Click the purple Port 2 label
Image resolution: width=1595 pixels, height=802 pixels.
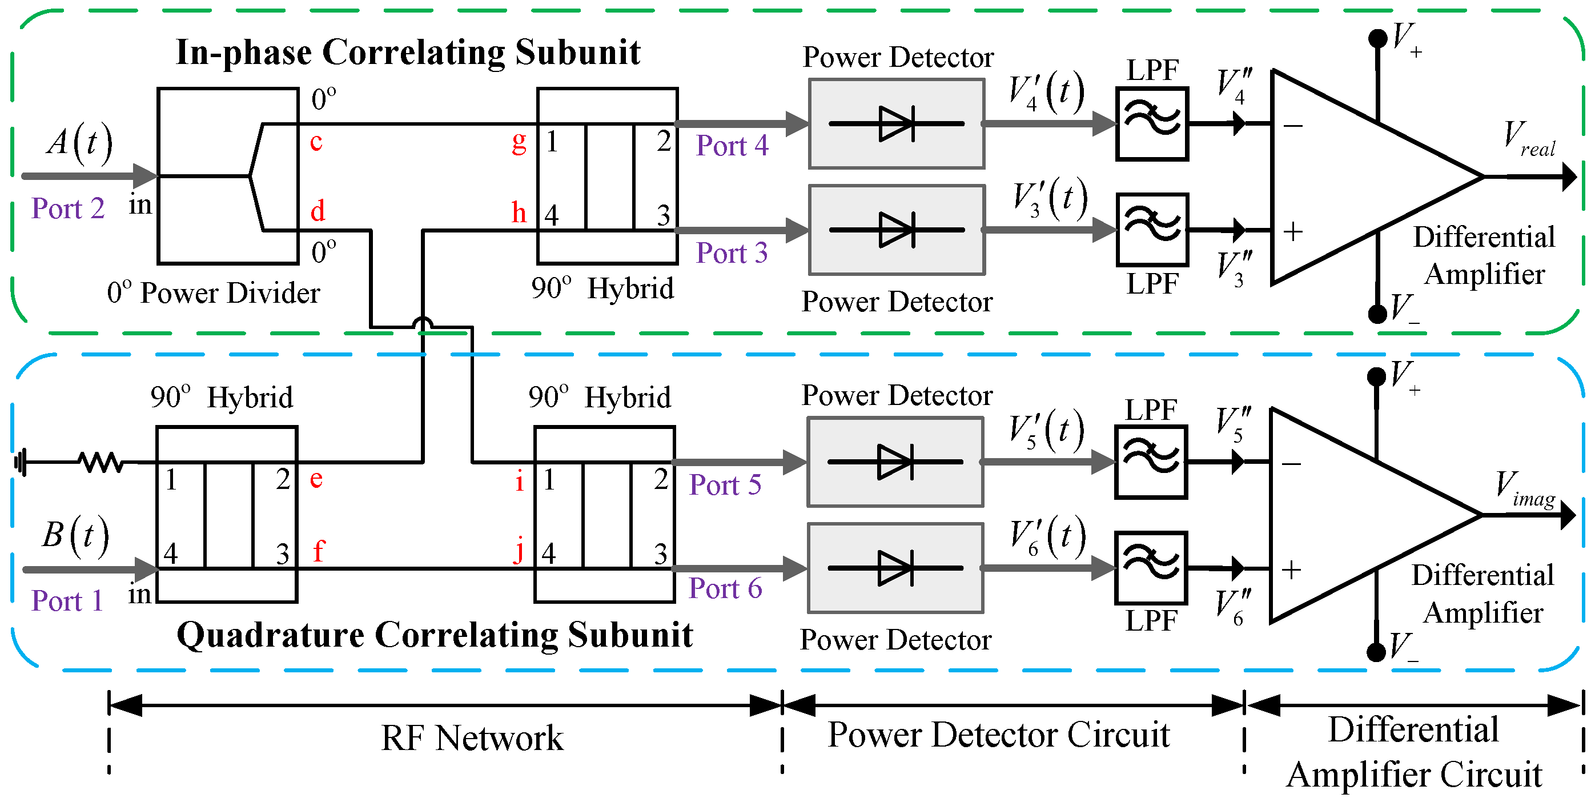tap(68, 208)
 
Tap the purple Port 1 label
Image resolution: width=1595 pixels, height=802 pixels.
tap(67, 601)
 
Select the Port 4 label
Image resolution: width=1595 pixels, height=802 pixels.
tap(732, 146)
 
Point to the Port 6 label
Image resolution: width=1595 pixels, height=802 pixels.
tap(725, 588)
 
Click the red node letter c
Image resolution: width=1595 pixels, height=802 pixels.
tap(316, 142)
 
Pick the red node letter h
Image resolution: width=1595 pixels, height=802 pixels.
tap(519, 212)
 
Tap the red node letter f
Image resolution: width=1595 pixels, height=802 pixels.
tap(318, 551)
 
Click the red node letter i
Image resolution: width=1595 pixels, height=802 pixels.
tap(519, 480)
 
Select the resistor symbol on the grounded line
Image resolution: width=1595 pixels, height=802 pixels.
tap(101, 462)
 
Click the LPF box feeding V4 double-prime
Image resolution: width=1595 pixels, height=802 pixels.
tap(1152, 124)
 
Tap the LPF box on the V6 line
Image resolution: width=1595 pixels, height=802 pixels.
tap(1151, 568)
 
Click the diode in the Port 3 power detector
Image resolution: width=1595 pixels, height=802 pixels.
tap(897, 230)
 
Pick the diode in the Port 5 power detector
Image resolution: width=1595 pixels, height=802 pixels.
tap(895, 462)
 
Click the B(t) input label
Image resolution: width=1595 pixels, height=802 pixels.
tap(75, 536)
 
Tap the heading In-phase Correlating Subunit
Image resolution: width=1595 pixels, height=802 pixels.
tap(408, 53)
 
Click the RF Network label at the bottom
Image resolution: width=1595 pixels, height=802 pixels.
tap(472, 737)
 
